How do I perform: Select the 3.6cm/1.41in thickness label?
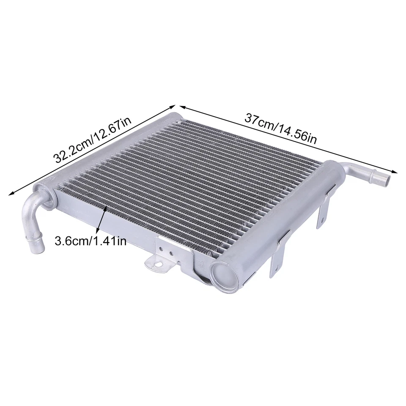point(91,241)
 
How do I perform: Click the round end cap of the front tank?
point(223,275)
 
